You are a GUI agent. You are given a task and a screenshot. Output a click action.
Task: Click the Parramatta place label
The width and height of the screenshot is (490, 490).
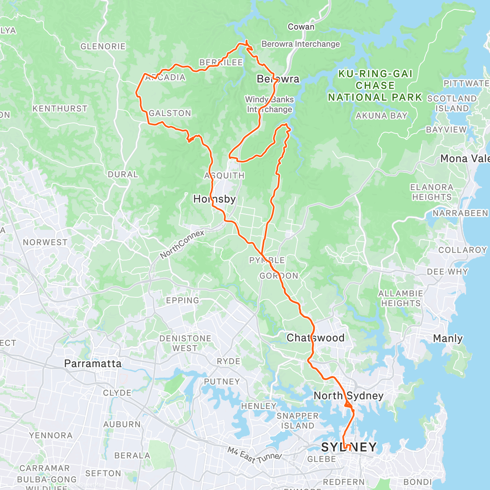(x=93, y=363)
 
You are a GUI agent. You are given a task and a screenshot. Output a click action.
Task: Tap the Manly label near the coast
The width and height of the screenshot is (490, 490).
(x=448, y=339)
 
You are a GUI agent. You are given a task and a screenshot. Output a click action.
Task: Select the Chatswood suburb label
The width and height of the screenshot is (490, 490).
(x=315, y=338)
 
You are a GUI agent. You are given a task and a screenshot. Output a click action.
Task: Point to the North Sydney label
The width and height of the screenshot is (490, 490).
(x=348, y=395)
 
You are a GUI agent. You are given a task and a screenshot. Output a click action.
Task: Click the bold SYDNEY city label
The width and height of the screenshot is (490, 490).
(x=349, y=447)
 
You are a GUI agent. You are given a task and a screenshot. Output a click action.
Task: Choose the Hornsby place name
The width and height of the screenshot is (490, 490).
(x=214, y=199)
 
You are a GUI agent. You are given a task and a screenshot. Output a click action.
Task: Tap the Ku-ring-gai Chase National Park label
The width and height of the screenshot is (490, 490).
(x=375, y=85)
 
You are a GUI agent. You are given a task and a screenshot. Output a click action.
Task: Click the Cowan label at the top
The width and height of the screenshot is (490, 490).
(x=301, y=27)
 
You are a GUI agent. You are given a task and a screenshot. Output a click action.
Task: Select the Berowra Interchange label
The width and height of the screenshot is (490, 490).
(x=301, y=44)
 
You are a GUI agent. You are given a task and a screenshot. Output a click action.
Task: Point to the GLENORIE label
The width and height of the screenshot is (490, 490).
(x=103, y=47)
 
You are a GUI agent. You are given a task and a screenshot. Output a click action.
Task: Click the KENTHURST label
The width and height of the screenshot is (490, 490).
(x=60, y=109)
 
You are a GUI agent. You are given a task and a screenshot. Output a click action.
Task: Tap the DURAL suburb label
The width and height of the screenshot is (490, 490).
(x=122, y=174)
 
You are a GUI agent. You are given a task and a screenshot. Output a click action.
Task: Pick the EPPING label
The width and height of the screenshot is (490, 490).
(x=183, y=301)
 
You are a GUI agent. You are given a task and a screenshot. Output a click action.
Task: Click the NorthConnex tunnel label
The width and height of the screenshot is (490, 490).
(x=182, y=244)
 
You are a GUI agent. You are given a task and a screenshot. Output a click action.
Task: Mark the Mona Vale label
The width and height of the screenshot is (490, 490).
(x=465, y=159)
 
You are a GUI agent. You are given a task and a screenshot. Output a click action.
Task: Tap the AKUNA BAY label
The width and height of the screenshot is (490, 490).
(x=381, y=116)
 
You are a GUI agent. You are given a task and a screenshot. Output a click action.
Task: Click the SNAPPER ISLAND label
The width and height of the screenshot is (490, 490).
(x=298, y=421)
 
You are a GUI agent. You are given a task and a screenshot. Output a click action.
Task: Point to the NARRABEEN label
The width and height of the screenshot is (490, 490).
(x=460, y=213)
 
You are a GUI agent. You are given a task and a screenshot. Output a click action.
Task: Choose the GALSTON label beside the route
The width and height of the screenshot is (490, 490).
(x=170, y=113)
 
